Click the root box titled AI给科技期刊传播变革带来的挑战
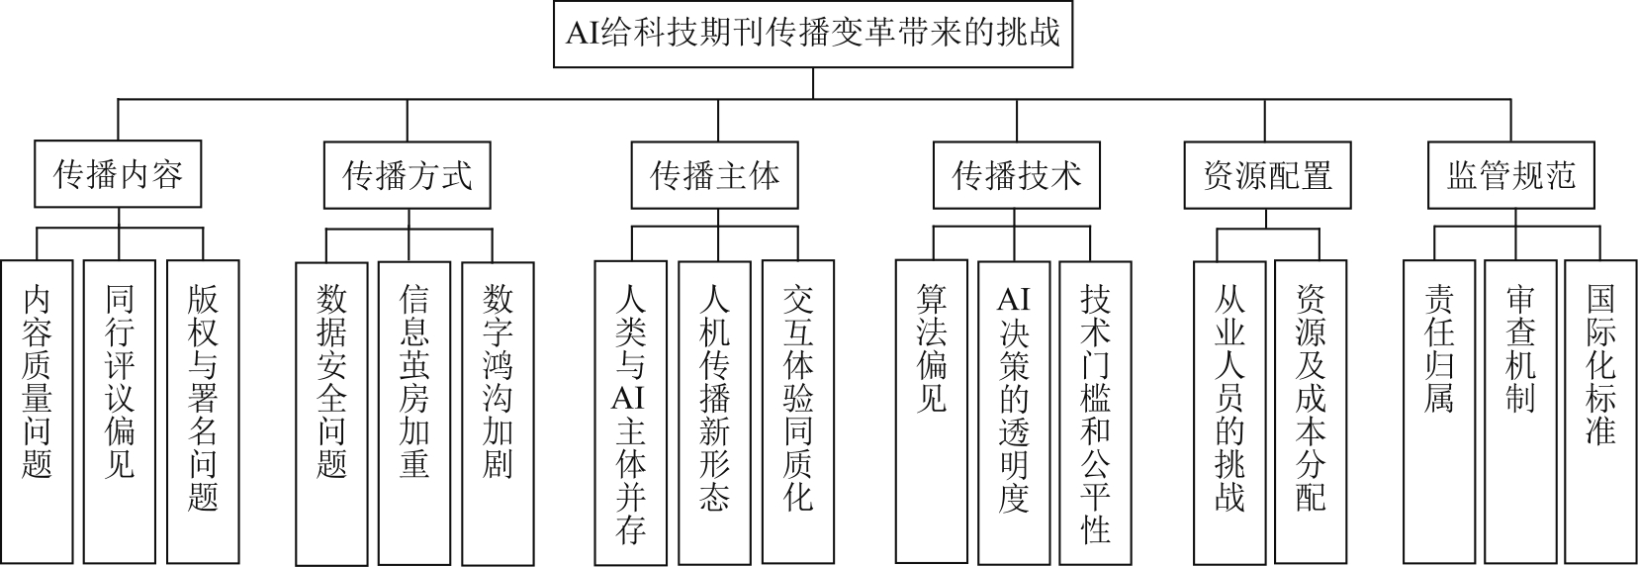pos(813,35)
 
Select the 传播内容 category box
pos(118,175)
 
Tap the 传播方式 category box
pos(408,175)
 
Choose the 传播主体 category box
pos(715,175)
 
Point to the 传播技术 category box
pos(1017,175)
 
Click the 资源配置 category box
pos(1268,175)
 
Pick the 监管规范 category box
pos(1511,175)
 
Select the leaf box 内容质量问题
pos(37,412)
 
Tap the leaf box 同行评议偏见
pos(120,412)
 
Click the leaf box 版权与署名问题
pos(204,412)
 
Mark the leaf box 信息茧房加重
pos(413,414)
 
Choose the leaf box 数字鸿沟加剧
pos(498,414)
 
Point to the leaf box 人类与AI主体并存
pos(630,414)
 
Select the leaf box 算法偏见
pos(932,412)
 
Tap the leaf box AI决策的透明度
pos(1014,413)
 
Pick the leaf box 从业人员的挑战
pos(1229,413)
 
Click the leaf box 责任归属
pos(1439,412)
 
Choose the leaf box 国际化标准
pos(1600,412)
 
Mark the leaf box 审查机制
pos(1520,412)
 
